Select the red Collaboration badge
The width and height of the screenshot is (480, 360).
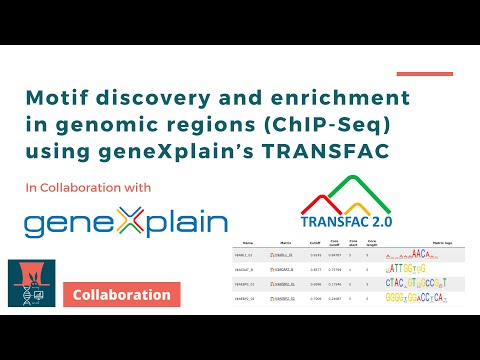(x=121, y=295)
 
